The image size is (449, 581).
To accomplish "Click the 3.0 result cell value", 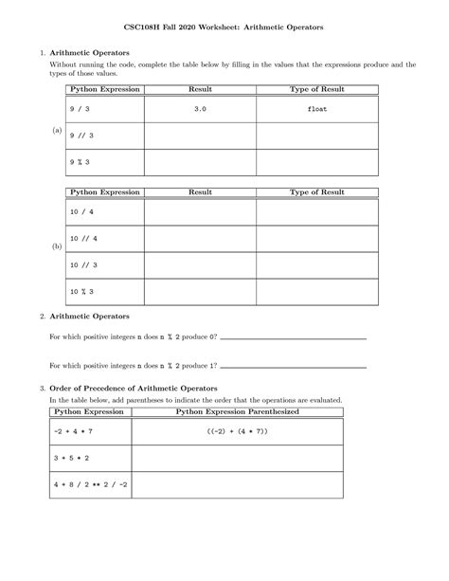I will pyautogui.click(x=199, y=109).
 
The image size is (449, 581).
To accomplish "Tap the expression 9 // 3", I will pyautogui.click(x=81, y=136).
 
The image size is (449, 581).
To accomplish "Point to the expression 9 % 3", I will pyautogui.click(x=81, y=162).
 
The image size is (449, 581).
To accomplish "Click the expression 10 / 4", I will pyautogui.click(x=82, y=211).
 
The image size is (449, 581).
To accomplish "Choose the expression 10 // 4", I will pyautogui.click(x=84, y=238).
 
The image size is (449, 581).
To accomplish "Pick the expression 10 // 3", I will pyautogui.click(x=84, y=264).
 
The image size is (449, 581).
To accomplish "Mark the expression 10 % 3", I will pyautogui.click(x=82, y=291).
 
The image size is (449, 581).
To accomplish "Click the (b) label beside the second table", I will pyautogui.click(x=57, y=245).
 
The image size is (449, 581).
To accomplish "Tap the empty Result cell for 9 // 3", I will pyautogui.click(x=199, y=136).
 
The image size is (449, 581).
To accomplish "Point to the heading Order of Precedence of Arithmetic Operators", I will pyautogui.click(x=133, y=389).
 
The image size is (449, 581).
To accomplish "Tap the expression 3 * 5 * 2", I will pyautogui.click(x=78, y=459).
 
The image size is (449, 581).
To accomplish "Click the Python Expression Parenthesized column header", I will pyautogui.click(x=237, y=412).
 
